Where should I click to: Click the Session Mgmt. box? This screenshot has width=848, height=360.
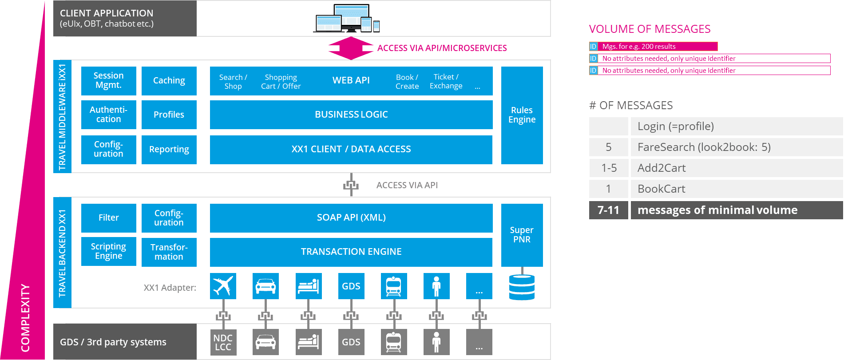coord(108,80)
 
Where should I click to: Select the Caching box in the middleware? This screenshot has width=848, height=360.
coord(169,80)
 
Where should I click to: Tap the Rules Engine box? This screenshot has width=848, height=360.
coord(522,115)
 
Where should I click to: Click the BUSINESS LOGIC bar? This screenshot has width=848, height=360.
coord(351,115)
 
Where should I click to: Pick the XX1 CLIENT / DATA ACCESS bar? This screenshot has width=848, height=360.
coord(351,149)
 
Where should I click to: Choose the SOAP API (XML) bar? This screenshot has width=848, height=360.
coord(351,218)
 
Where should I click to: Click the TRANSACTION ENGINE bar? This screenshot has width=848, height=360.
coord(351,252)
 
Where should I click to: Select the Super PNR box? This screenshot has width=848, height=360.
coord(522,235)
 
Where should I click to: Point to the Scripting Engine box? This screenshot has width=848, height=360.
coord(108,251)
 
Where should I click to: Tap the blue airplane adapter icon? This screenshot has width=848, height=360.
coord(223,286)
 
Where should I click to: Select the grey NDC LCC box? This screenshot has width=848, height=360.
coord(223,342)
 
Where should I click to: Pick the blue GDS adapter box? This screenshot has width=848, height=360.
coord(351,286)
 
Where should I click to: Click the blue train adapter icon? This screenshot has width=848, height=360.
coord(393,286)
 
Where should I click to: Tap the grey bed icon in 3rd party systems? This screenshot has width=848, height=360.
coord(308,342)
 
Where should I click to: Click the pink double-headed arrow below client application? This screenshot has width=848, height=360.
coord(351,48)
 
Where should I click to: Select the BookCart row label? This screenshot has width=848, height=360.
coord(662,189)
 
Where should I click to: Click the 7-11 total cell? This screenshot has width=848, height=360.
coord(608,210)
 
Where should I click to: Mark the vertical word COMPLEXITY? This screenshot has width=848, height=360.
coord(25,318)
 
